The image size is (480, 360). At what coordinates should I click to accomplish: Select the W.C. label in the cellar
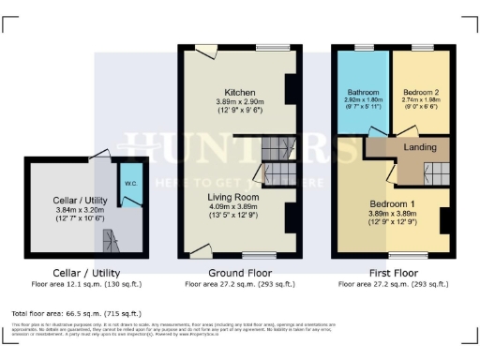pyautogui.click(x=130, y=184)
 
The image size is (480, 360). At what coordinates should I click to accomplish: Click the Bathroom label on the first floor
pyautogui.click(x=362, y=91)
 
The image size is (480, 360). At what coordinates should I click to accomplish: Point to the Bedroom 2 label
pyautogui.click(x=419, y=91)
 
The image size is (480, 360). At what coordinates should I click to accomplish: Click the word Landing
pyautogui.click(x=419, y=146)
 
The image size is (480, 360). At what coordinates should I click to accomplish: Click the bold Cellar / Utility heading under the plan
pyautogui.click(x=71, y=273)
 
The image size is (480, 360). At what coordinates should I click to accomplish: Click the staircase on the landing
pyautogui.click(x=434, y=172)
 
